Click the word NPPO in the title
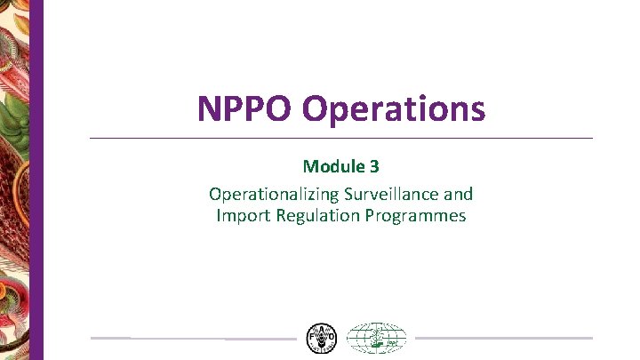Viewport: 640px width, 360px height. point(245,109)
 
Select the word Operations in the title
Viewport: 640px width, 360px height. point(393,109)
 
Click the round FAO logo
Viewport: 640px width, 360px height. point(321,339)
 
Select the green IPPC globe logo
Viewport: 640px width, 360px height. point(376,339)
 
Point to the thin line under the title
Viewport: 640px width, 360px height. point(341,138)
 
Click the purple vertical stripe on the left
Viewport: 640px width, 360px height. point(37,178)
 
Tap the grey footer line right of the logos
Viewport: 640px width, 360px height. point(503,338)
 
